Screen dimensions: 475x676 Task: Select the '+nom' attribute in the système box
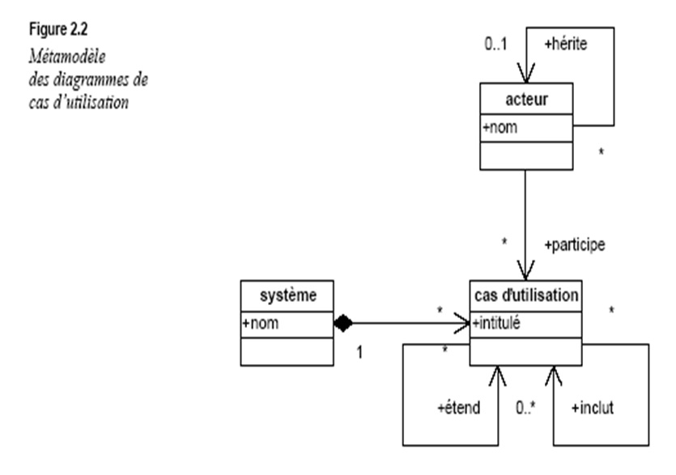[258, 322]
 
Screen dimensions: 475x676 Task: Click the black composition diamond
[344, 324]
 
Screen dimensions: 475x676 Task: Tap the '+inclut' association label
[592, 408]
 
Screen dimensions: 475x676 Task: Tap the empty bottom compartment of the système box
[287, 350]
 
